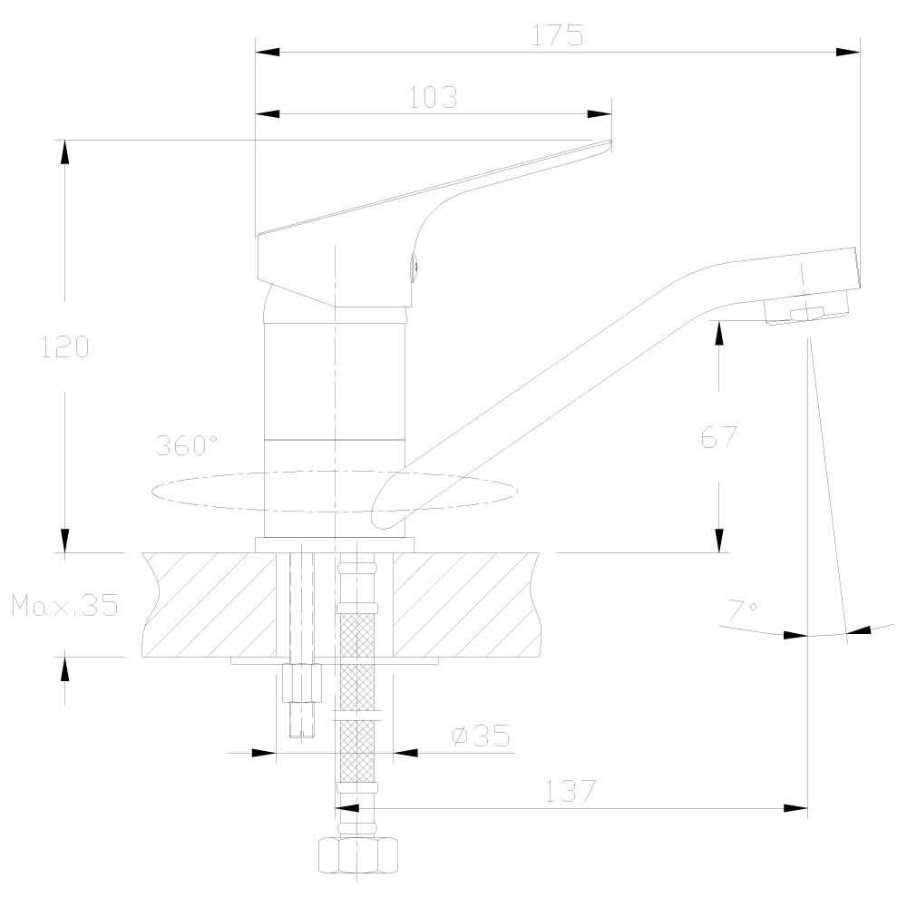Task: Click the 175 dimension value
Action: [558, 35]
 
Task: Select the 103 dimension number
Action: [434, 97]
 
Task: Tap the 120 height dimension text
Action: [64, 346]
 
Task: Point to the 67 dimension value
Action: [719, 437]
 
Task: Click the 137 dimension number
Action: [571, 791]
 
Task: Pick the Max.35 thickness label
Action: [64, 605]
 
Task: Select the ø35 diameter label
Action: [481, 736]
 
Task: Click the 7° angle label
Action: [743, 610]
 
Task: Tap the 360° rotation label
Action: [186, 445]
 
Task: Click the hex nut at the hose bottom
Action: [358, 855]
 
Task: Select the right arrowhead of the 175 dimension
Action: [848, 52]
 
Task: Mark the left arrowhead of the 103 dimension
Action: [268, 114]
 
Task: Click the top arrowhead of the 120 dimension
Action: [64, 151]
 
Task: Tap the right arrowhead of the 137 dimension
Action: [796, 808]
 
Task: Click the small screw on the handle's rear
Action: [414, 268]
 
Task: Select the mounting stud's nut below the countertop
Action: [302, 683]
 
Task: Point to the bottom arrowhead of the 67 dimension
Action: [719, 541]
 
